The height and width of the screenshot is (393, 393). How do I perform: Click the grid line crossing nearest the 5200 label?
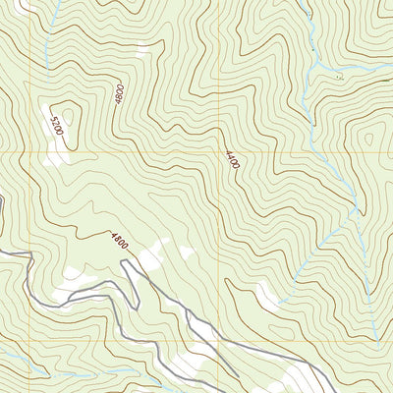pos(44,153)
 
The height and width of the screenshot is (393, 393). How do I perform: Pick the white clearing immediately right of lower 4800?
pos(152,257)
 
